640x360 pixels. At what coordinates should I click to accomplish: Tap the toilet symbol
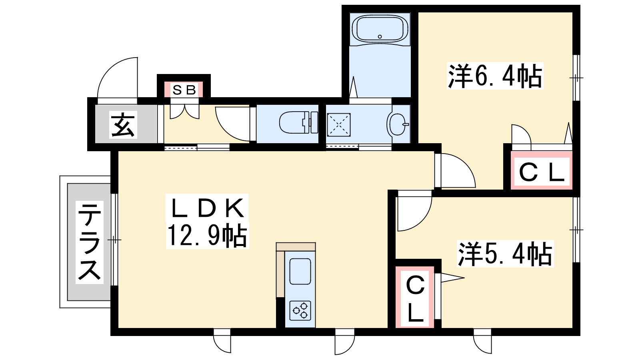point(298,122)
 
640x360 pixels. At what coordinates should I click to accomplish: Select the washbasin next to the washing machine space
point(398,124)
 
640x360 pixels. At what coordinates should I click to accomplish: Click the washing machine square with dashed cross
point(338,125)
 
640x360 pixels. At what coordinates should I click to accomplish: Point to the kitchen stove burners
point(300,310)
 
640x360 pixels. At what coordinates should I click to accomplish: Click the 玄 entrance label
point(123,124)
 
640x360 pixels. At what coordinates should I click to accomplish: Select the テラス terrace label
point(90,242)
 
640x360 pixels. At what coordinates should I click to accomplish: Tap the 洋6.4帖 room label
point(495,76)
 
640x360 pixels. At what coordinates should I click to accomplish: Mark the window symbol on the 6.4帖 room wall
point(576,78)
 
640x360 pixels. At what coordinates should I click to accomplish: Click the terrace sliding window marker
point(114,240)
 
